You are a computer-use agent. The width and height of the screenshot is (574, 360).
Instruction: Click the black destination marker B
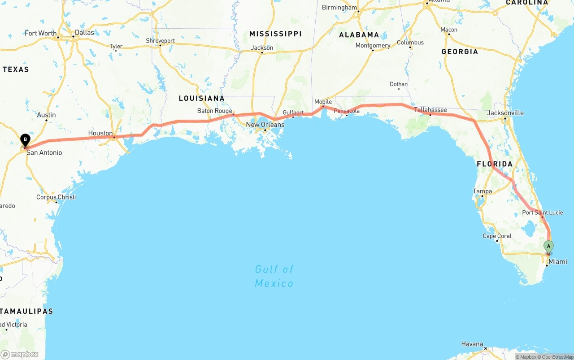(25, 140)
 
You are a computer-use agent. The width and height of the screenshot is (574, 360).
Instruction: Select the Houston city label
(100, 133)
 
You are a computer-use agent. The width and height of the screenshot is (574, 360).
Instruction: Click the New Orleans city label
(265, 124)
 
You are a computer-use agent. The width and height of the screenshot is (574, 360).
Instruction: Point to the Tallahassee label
(430, 110)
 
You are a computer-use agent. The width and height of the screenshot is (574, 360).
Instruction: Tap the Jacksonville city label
(505, 113)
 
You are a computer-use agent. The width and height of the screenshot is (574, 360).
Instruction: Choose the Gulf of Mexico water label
(274, 276)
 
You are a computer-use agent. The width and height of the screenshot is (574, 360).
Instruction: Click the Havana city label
(472, 344)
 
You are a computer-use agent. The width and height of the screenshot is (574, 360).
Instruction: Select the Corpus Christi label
(56, 197)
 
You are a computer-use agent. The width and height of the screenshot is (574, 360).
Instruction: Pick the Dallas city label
(84, 32)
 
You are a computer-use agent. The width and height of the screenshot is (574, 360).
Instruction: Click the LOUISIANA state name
(201, 98)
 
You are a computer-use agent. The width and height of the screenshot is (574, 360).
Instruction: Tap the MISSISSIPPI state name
(275, 34)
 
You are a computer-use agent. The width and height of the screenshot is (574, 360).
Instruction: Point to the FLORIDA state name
(495, 164)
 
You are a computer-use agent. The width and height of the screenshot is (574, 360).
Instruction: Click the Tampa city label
(483, 191)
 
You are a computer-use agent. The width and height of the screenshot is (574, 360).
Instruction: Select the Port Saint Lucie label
(542, 213)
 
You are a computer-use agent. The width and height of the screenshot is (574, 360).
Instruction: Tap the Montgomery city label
(373, 45)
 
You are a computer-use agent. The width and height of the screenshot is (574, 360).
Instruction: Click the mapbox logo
(20, 354)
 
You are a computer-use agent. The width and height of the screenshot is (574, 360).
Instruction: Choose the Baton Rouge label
(215, 111)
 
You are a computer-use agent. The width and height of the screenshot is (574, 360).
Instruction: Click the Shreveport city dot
(160, 45)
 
